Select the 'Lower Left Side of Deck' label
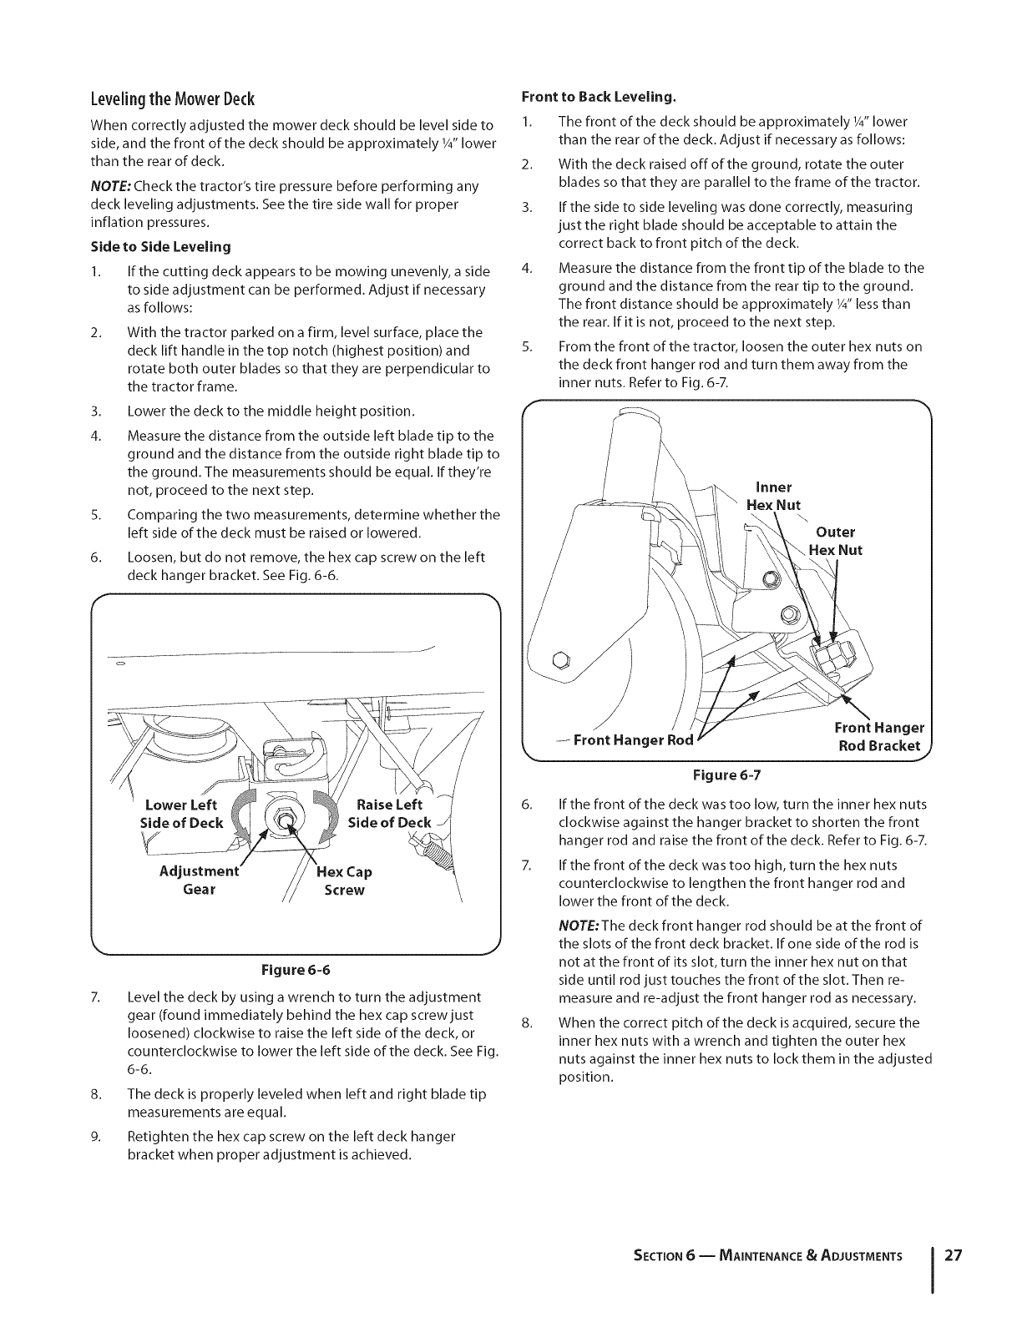coord(182,814)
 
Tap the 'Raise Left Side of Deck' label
coord(389,814)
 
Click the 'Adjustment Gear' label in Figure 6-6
coord(199,880)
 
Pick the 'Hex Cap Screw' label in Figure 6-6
coord(344,880)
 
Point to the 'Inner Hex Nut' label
coord(773,496)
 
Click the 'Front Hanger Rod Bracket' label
coord(878,736)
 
